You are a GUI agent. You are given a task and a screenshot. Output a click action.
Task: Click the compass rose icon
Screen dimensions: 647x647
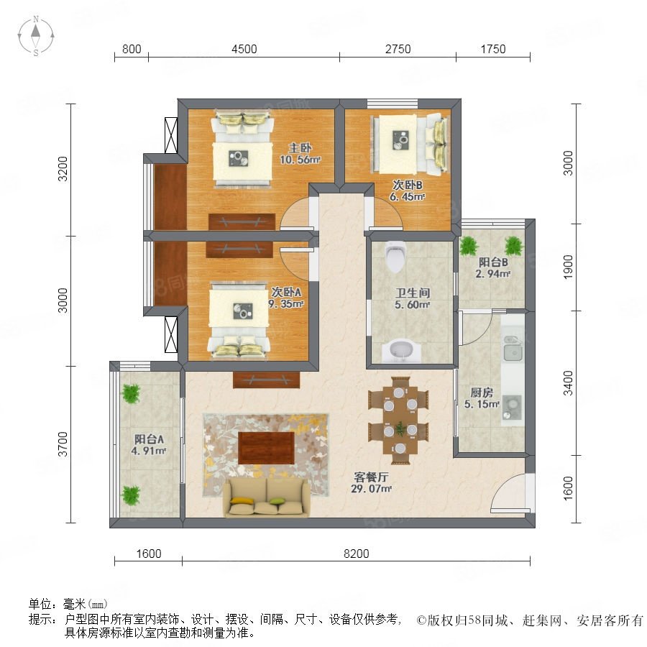point(36,36)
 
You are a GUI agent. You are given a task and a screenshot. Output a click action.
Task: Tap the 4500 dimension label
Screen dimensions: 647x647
point(244,50)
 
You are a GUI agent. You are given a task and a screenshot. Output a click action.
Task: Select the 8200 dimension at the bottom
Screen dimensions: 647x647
point(356,554)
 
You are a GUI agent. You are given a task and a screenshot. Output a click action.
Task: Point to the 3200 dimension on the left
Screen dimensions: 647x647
point(63,169)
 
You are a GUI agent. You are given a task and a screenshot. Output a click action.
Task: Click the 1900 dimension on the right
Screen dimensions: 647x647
point(568,267)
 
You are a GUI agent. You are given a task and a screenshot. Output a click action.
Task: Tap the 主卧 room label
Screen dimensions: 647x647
point(300,147)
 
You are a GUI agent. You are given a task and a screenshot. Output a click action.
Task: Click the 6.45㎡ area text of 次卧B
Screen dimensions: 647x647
point(408,197)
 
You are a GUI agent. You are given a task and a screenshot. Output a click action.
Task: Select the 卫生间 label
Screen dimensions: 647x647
point(413,293)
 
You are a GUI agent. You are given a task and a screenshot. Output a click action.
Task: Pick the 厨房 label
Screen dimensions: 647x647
point(482,392)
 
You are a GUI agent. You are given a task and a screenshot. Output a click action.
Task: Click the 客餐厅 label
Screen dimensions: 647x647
point(371,477)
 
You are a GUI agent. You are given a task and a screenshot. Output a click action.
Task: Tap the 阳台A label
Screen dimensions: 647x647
point(149,439)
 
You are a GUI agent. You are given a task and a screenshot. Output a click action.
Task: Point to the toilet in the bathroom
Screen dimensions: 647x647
point(395,256)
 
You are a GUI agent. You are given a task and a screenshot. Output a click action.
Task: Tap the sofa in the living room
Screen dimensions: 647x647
point(266,497)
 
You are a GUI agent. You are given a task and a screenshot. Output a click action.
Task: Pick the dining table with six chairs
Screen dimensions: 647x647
point(398,421)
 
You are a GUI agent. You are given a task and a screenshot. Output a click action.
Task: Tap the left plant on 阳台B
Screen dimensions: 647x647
point(469,246)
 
